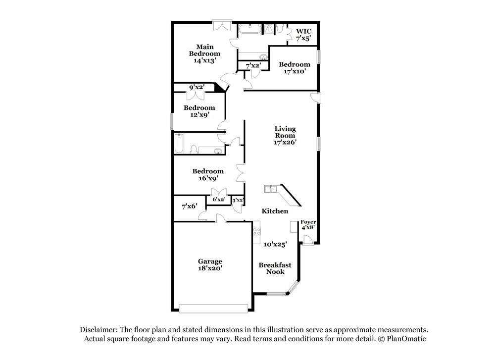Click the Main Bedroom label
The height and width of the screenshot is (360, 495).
point(205,53)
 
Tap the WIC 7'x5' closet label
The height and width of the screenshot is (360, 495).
point(303,34)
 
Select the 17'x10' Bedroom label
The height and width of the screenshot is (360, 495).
point(294,67)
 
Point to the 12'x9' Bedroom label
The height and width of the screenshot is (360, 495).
point(199,111)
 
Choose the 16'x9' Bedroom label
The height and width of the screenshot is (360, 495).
point(208,174)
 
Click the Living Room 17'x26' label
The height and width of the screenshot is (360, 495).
point(285,135)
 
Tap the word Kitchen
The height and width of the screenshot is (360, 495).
point(275,211)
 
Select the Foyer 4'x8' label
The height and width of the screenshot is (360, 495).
point(308,225)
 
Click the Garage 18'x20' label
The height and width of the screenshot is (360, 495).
point(210,264)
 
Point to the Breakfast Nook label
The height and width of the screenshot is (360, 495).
point(275,268)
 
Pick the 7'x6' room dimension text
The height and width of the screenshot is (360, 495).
point(189,206)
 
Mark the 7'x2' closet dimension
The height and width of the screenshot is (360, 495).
point(253,65)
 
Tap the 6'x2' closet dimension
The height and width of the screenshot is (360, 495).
point(219,200)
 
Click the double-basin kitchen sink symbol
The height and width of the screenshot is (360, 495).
point(270,189)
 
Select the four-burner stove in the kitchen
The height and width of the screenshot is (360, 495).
point(257,231)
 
